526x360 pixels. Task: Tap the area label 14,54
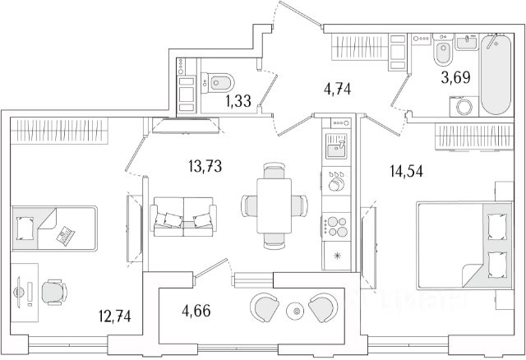click(x=406, y=173)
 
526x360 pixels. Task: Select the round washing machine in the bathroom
click(x=460, y=108)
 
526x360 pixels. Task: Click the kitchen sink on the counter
click(x=337, y=147)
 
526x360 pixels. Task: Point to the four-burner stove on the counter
click(x=337, y=224)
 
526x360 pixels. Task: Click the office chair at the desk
click(x=53, y=289)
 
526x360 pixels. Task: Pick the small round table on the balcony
click(x=295, y=311)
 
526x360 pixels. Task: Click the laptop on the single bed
click(x=63, y=236)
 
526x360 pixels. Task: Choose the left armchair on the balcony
click(x=266, y=307)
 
